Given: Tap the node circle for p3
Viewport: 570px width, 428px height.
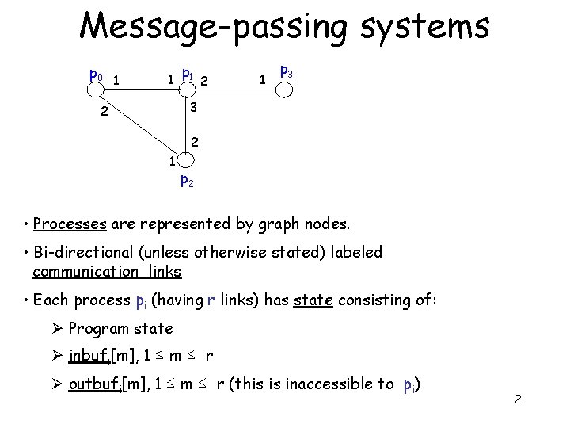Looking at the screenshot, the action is [x=283, y=90].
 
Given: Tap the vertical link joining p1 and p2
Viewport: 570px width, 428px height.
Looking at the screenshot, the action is [x=185, y=127].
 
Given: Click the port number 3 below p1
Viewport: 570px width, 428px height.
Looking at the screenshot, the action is [x=192, y=107].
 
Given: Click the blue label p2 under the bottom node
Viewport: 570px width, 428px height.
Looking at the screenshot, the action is [x=188, y=180].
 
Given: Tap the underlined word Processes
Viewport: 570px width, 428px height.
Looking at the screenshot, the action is [x=70, y=224].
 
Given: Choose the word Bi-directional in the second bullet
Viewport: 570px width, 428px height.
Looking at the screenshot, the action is [x=82, y=253].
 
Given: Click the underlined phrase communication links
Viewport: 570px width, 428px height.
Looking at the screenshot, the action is [x=107, y=271].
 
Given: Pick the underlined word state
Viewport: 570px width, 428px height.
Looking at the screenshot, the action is [x=313, y=300].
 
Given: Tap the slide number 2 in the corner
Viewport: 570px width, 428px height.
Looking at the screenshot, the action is [x=518, y=399].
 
